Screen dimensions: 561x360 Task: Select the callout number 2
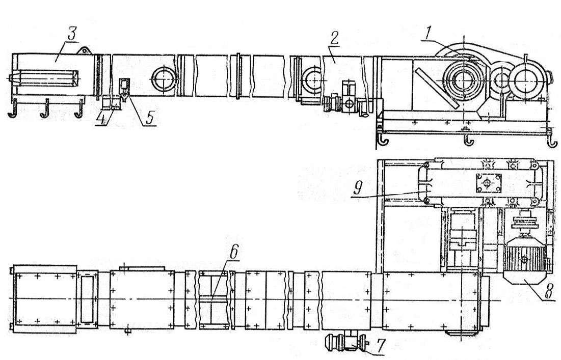(x=335, y=38)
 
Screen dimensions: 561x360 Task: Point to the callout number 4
(x=103, y=119)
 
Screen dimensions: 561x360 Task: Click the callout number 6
(x=233, y=253)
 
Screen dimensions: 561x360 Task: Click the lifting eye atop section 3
(x=85, y=51)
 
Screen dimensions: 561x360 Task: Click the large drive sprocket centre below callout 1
(x=464, y=80)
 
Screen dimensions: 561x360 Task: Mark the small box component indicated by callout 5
(x=124, y=86)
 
